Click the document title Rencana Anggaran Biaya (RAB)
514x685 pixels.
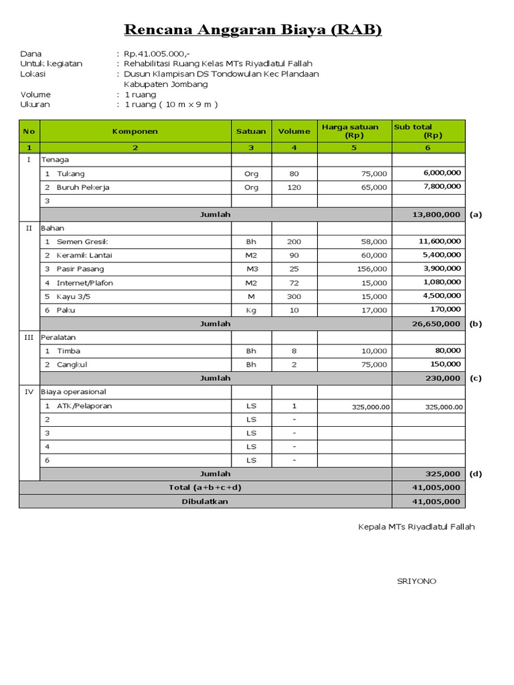tap(253, 30)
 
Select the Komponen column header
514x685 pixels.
tap(135, 131)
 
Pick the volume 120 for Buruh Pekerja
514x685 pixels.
tap(294, 187)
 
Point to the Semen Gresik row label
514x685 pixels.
tap(82, 241)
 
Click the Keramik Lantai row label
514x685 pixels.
tap(85, 255)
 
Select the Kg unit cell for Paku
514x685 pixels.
tap(251, 310)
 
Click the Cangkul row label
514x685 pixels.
tap(72, 365)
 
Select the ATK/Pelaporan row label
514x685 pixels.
tap(84, 406)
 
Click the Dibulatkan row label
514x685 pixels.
tap(205, 501)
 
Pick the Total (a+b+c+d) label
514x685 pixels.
tap(205, 488)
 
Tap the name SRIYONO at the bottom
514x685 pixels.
tap(416, 581)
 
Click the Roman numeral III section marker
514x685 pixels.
tap(29, 337)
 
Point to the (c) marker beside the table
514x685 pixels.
tap(475, 378)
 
